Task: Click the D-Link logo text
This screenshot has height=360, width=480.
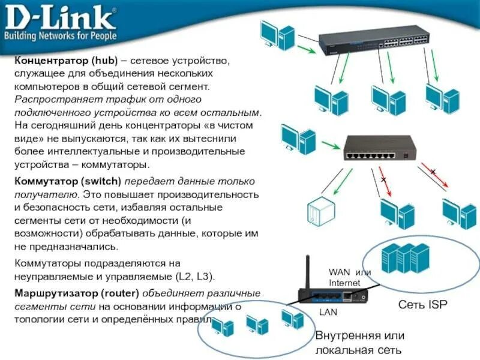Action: [60, 18]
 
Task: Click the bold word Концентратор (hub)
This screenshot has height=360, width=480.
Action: [70, 62]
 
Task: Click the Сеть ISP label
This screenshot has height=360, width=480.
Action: [423, 305]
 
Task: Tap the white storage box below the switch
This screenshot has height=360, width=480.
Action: [318, 211]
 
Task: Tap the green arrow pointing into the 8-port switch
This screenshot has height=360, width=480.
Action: [328, 145]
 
